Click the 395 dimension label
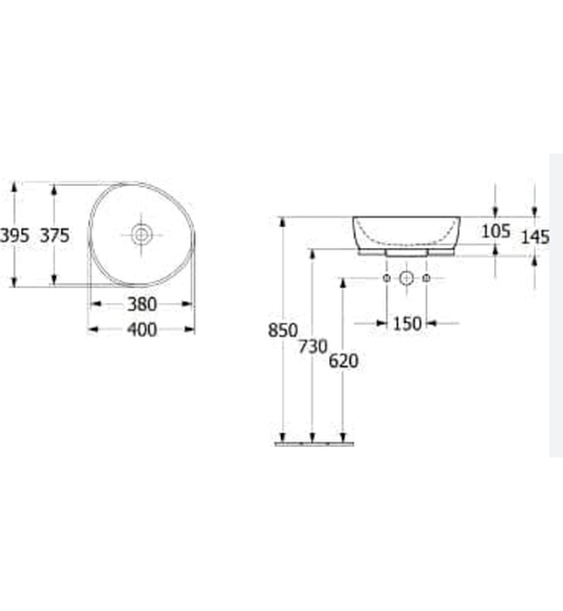point(15,235)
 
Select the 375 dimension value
point(54,235)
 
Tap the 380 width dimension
point(141,304)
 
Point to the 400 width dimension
point(141,329)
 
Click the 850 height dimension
point(283,331)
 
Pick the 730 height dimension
point(312,347)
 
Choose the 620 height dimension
point(343,360)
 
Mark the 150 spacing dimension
point(407,324)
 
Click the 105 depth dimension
point(495,231)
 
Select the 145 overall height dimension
point(534,237)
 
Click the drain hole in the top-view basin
point(141,234)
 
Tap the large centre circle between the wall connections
point(406,278)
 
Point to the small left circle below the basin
point(387,278)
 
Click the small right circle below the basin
point(426,278)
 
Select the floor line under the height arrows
point(314,443)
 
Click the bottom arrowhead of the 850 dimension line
point(282,437)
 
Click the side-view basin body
point(406,230)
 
